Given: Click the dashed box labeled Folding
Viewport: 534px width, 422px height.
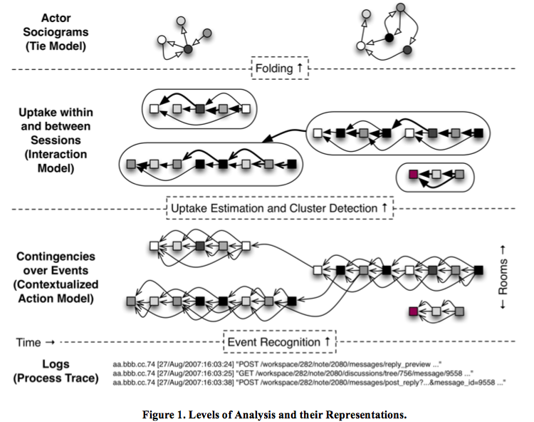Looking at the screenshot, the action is click(280, 68).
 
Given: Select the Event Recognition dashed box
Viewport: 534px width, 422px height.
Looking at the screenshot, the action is click(280, 341).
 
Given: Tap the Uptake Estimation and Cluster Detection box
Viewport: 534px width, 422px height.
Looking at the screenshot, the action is click(280, 208).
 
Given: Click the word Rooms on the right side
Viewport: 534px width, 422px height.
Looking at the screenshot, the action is click(503, 277).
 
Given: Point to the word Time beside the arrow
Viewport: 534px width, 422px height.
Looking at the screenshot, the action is click(28, 342).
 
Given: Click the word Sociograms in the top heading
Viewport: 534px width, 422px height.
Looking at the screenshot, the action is click(56, 32).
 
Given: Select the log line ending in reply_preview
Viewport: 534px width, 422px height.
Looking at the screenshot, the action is click(277, 364).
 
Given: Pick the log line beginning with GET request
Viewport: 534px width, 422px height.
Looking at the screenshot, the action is click(293, 374).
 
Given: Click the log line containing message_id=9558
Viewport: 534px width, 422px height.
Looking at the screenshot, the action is click(309, 383).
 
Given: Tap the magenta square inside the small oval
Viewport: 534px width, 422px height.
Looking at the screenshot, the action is click(413, 175).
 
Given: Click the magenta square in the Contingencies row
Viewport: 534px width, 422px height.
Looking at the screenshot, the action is click(413, 312).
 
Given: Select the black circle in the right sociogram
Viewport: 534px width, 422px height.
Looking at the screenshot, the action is click(389, 38).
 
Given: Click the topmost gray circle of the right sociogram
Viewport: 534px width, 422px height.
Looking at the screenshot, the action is click(401, 8).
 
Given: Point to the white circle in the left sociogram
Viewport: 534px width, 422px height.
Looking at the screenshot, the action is click(162, 40).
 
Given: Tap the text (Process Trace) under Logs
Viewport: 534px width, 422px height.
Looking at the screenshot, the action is click(56, 378).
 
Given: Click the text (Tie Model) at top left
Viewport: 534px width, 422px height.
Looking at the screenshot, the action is click(56, 46).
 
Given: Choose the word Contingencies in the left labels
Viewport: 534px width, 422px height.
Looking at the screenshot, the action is click(56, 257).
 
